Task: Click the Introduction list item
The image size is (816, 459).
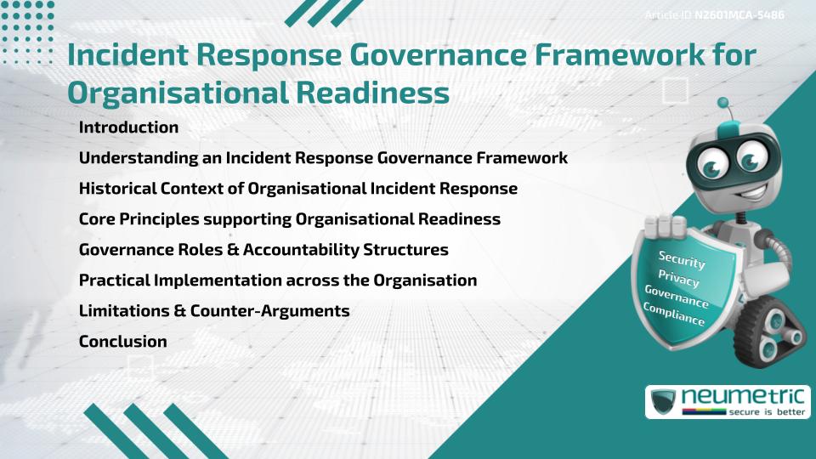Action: [x=128, y=127]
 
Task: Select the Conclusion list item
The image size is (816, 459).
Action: [x=122, y=342]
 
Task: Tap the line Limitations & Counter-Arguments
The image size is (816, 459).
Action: [x=214, y=311]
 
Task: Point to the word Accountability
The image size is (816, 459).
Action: [x=321, y=250]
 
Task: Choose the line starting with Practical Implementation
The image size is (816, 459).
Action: [x=278, y=280]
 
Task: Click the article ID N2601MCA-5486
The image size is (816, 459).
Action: [x=739, y=15]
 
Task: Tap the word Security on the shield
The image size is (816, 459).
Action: [x=682, y=260]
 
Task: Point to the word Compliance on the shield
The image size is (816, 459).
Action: [x=674, y=314]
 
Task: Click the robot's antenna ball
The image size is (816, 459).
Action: [x=724, y=103]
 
